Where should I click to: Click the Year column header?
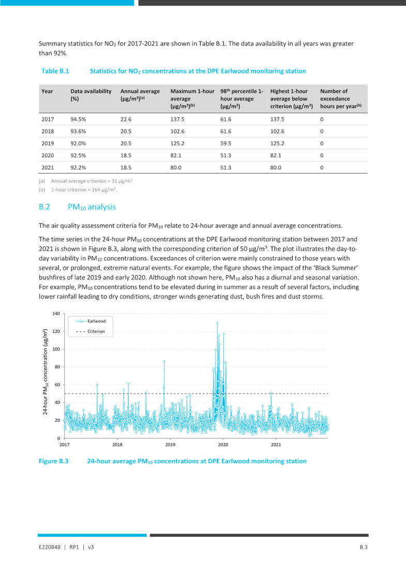click(47, 91)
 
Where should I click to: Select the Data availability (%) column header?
click(91, 95)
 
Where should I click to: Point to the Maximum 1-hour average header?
click(192, 98)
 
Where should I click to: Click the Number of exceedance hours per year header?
click(341, 98)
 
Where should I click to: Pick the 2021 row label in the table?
click(47, 167)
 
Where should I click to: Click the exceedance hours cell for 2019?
click(322, 143)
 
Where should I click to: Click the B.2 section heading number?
click(44, 207)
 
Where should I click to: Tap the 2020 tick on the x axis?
click(223, 444)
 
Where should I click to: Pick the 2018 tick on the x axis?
click(117, 444)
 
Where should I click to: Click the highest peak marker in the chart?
click(217, 323)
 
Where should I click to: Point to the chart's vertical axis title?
click(45, 371)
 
